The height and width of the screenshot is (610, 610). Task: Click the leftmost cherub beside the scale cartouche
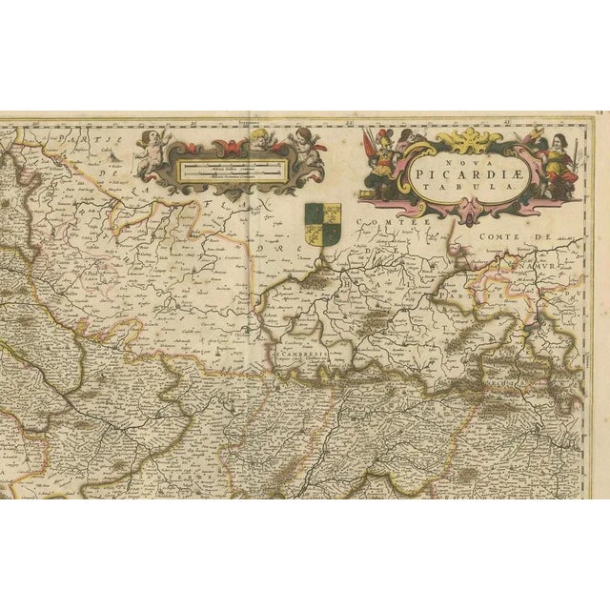(x=151, y=151)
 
